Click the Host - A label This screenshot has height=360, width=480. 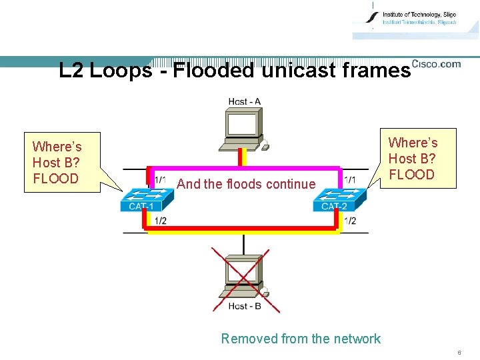point(244,102)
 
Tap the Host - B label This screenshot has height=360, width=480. point(245,306)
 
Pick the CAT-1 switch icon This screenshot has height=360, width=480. point(141,199)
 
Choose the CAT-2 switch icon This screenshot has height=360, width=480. point(339,199)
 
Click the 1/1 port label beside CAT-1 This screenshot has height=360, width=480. point(161,180)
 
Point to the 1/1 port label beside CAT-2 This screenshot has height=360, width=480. point(350,180)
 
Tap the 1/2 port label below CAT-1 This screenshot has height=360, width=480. point(161,221)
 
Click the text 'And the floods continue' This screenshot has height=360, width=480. point(246,185)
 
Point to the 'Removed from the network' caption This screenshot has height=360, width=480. point(301,339)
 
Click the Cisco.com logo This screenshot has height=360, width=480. point(436,64)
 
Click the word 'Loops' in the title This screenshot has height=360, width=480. point(120,71)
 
